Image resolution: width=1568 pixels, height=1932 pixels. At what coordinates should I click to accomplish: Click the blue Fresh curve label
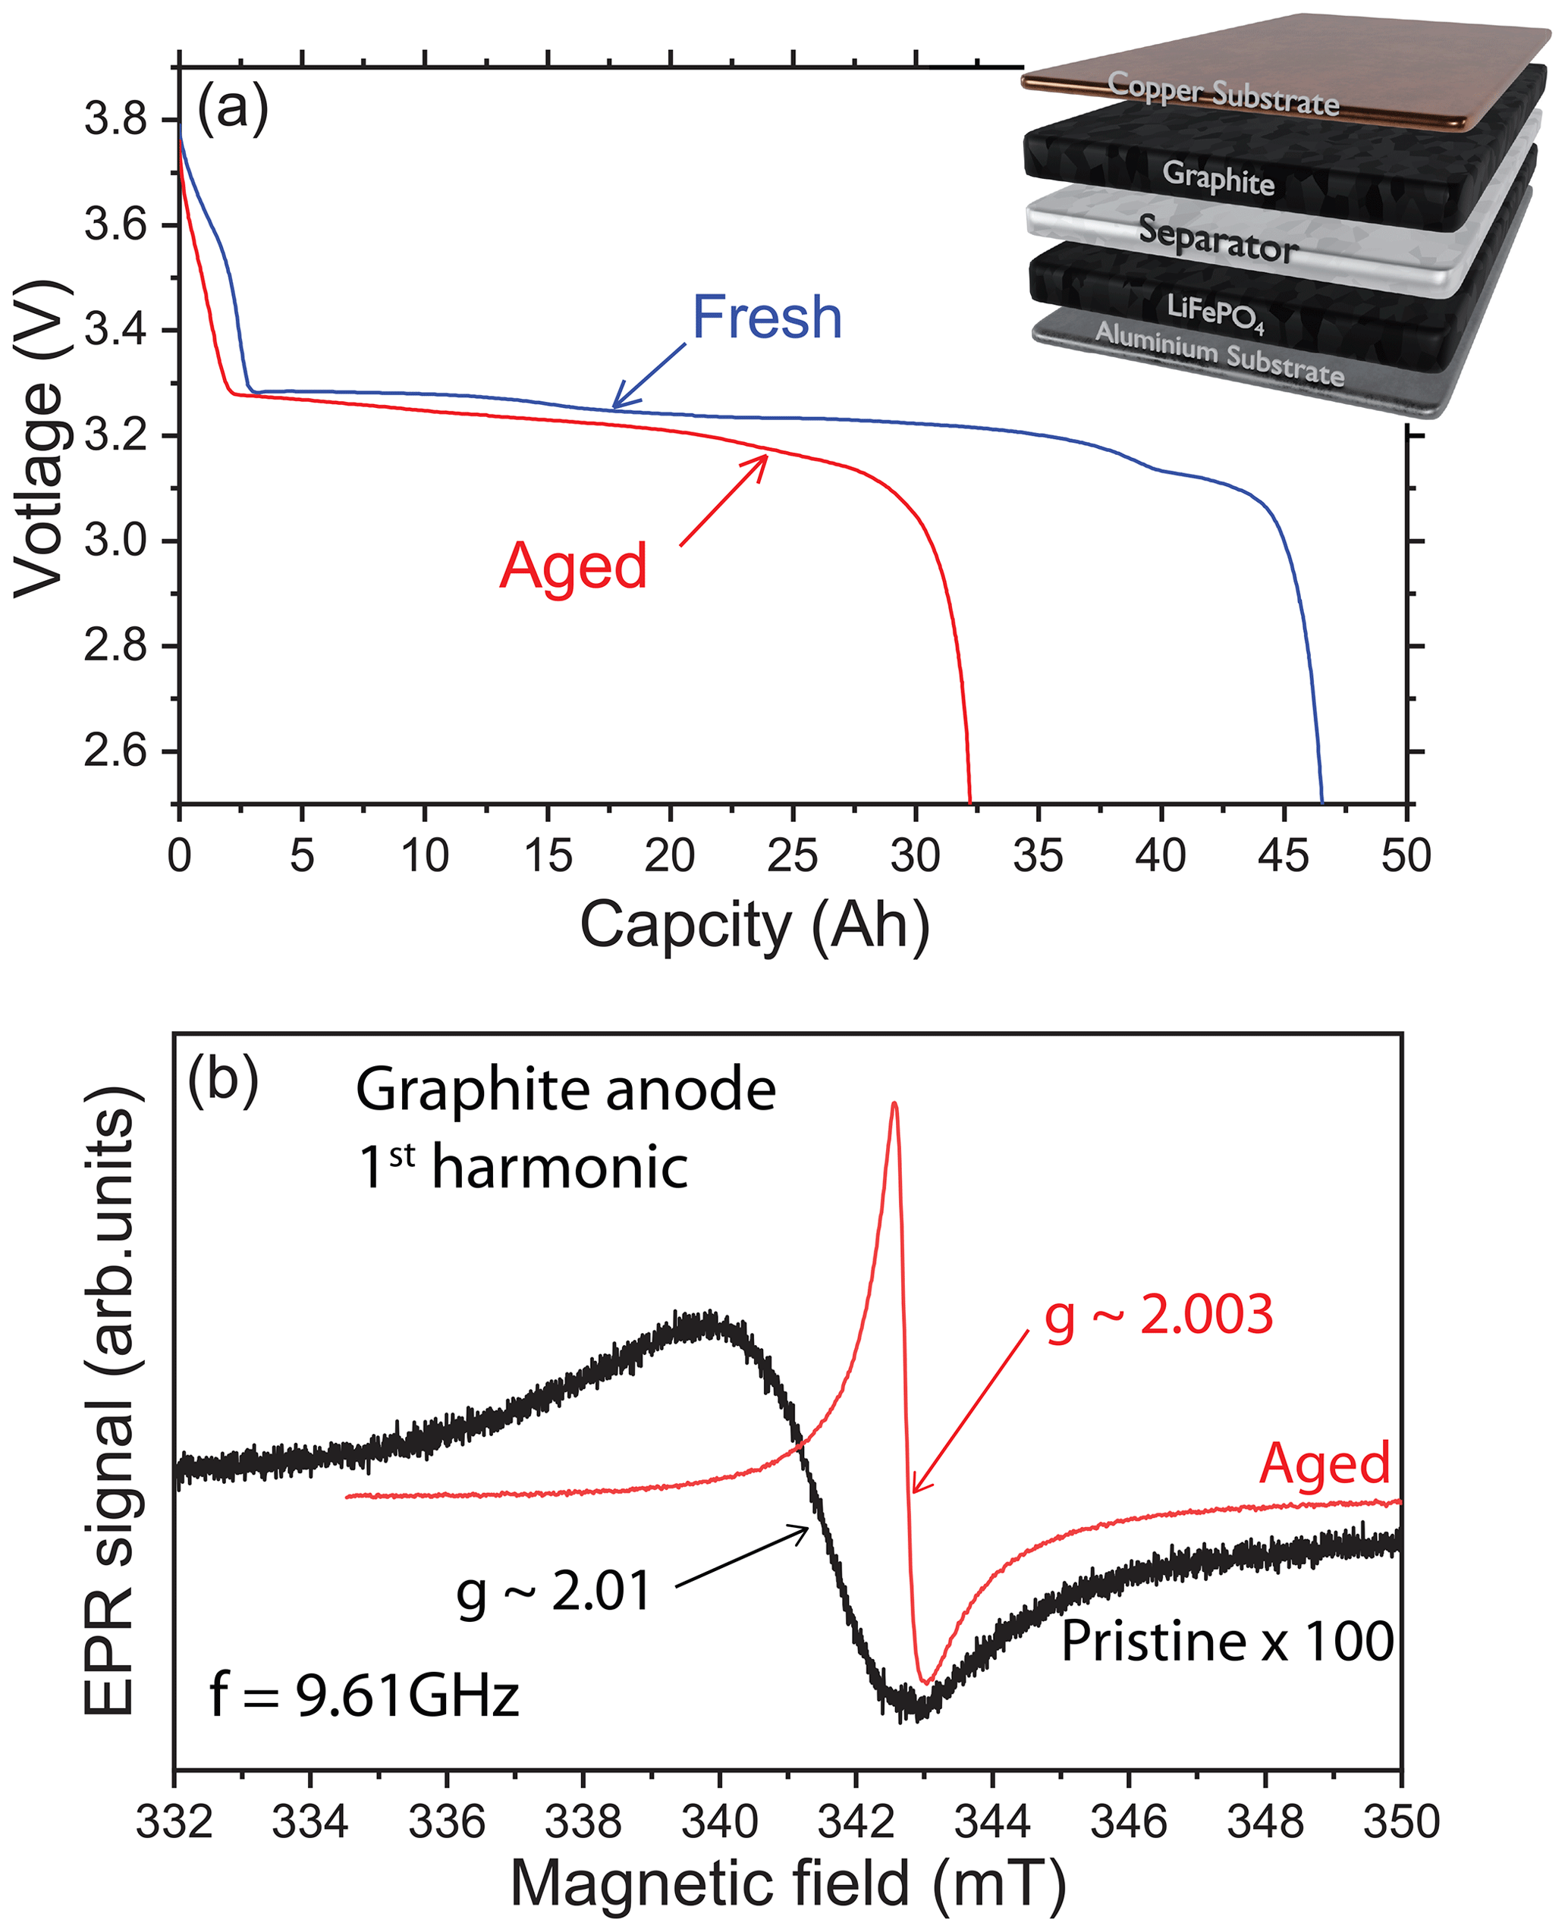pyautogui.click(x=767, y=318)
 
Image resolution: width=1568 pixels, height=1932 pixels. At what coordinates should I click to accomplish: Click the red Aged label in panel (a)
pyautogui.click(x=573, y=566)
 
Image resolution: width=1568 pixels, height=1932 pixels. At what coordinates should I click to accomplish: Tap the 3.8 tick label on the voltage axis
pyautogui.click(x=115, y=119)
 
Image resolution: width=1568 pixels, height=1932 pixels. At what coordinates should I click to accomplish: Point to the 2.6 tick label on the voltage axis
pyautogui.click(x=115, y=751)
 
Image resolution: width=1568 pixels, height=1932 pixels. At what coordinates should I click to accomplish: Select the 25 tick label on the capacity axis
pyautogui.click(x=792, y=855)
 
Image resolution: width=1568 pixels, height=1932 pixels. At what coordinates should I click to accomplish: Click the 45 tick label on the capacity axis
pyautogui.click(x=1283, y=855)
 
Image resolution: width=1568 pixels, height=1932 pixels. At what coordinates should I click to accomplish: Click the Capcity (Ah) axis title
pyautogui.click(x=754, y=925)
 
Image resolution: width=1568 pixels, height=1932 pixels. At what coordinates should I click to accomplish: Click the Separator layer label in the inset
pyautogui.click(x=1218, y=240)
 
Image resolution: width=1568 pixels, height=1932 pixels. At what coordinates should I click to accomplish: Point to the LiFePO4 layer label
pyautogui.click(x=1214, y=312)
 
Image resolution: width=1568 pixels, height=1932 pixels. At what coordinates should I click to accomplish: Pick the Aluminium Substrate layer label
pyautogui.click(x=1219, y=355)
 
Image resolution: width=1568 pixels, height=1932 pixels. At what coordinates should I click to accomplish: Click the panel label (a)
pyautogui.click(x=232, y=108)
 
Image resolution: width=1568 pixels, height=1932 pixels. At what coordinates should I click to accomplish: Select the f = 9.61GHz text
pyautogui.click(x=365, y=1695)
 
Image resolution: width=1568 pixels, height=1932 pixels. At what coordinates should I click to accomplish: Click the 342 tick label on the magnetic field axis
pyautogui.click(x=856, y=1822)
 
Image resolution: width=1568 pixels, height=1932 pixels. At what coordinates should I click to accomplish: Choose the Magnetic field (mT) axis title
pyautogui.click(x=787, y=1885)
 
